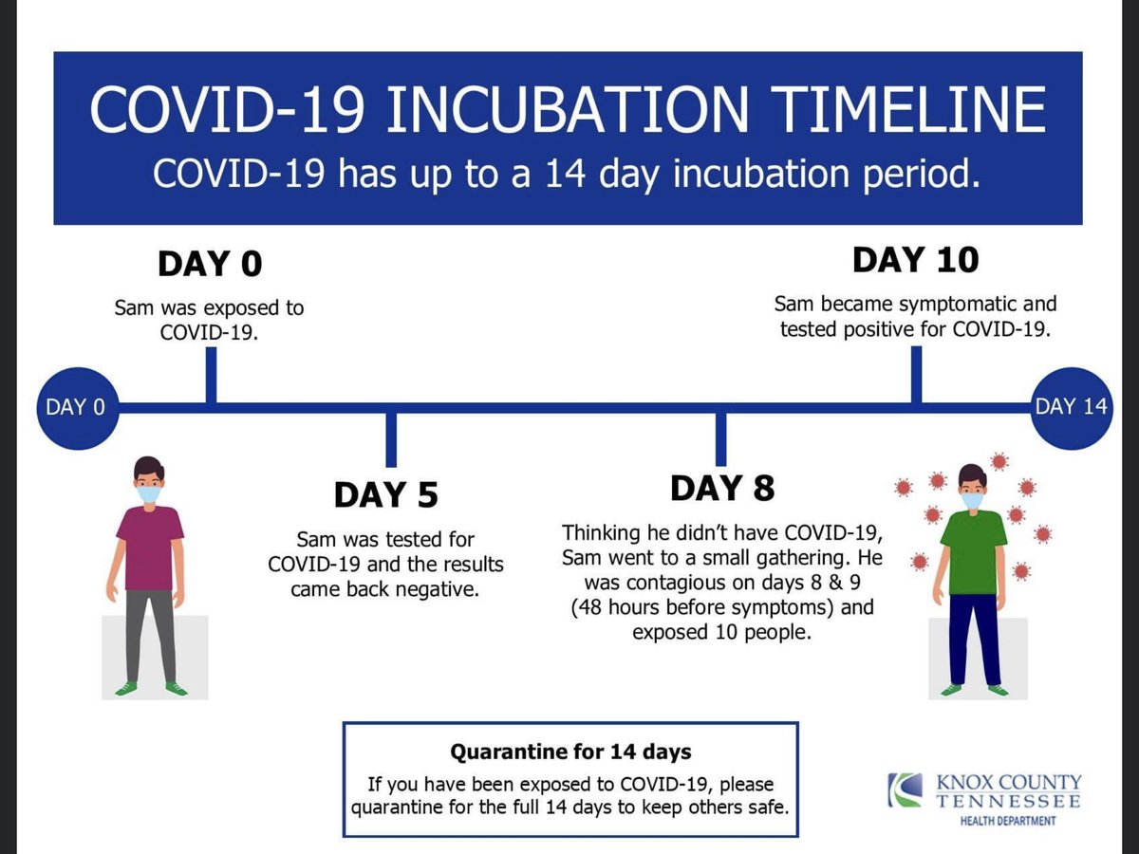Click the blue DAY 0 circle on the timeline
pos(78,408)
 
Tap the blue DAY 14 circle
pos(1071,408)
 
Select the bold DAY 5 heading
pos(386,494)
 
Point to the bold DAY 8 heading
pos(722,489)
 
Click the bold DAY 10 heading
pos(916,260)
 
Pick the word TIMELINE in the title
pos(908,110)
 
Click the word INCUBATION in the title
pos(567,110)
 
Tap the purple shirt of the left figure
pos(150,548)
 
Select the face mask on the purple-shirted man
pos(149,494)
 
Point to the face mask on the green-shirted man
pos(973,500)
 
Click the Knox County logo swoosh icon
pos(905,789)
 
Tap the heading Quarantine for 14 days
pos(570,752)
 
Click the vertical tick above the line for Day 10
pos(916,375)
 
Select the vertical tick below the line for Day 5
pos(391,440)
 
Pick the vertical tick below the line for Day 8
pos(720,439)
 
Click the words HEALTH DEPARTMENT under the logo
pos(1008,821)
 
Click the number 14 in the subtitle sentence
pos(565,174)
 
